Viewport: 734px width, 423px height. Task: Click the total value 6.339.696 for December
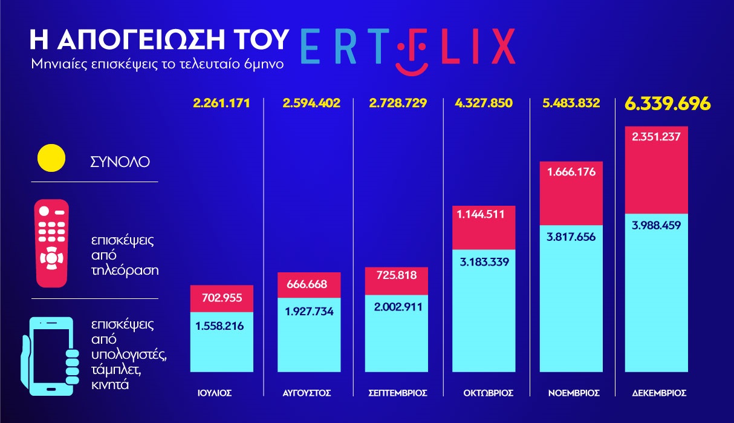click(667, 103)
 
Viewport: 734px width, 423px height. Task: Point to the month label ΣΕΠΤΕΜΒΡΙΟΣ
click(398, 393)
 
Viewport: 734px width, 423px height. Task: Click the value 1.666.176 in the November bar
click(571, 172)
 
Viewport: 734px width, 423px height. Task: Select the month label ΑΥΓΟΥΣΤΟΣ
click(307, 393)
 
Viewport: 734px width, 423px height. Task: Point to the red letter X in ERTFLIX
click(501, 45)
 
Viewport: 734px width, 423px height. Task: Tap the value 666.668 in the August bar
click(309, 284)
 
